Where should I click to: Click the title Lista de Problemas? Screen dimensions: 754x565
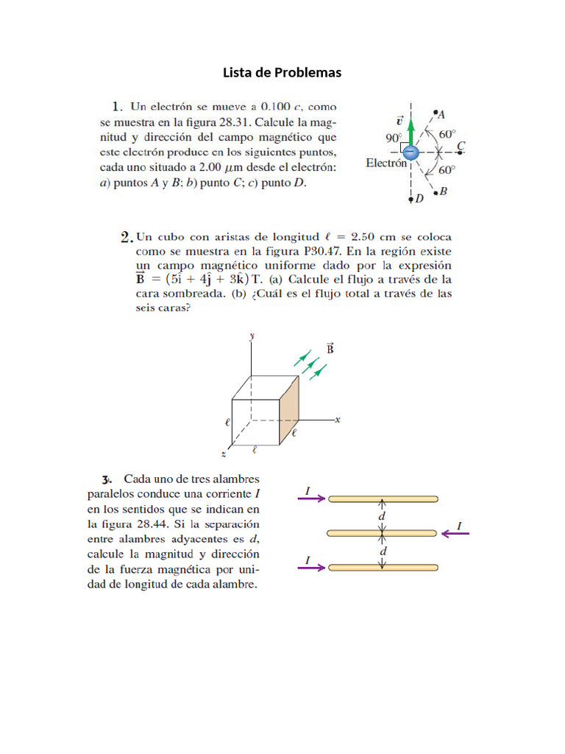click(282, 72)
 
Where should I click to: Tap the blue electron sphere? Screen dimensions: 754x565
click(412, 152)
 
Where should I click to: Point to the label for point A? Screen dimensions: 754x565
click(441, 114)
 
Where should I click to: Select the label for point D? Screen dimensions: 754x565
click(419, 199)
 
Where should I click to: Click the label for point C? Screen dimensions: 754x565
click(461, 147)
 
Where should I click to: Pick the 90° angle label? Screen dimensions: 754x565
click(394, 138)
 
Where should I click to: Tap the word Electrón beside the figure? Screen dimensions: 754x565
click(386, 163)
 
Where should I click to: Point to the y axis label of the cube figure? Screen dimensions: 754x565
click(252, 335)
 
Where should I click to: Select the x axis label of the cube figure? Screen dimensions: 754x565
click(337, 420)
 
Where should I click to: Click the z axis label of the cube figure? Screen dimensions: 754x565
click(223, 455)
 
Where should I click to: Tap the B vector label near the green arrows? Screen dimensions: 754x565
click(330, 348)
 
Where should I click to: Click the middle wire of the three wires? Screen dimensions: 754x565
click(383, 532)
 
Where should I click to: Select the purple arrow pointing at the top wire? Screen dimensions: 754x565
click(312, 498)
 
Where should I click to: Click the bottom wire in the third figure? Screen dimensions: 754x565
click(383, 567)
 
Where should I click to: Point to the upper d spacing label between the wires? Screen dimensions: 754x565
click(382, 516)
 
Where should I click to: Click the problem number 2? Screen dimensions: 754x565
click(125, 237)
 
